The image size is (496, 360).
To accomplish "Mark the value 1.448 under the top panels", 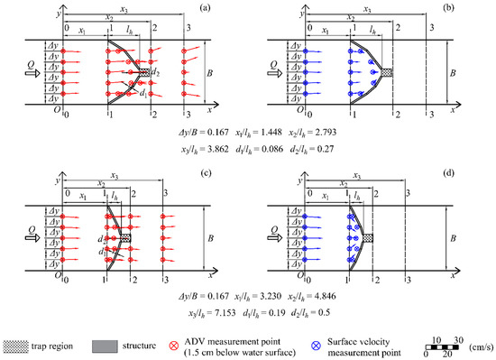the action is (163, 127).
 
